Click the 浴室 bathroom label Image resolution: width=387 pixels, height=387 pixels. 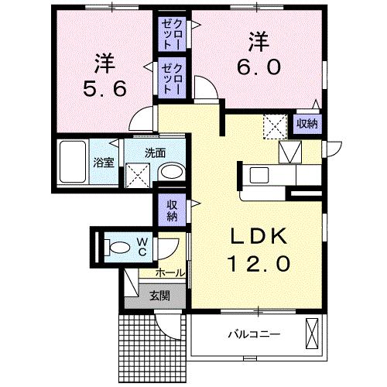point(103,163)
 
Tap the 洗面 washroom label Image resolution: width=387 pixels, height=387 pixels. point(156,152)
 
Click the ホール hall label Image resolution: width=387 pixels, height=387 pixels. point(170,272)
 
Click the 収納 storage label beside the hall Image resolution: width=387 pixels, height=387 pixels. point(170,210)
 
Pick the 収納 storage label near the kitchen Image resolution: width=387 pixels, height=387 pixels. point(307,123)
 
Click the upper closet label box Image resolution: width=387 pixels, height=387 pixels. point(170,33)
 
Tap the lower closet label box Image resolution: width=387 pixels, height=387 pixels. point(170,77)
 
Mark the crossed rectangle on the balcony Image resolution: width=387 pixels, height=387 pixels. point(312,334)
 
